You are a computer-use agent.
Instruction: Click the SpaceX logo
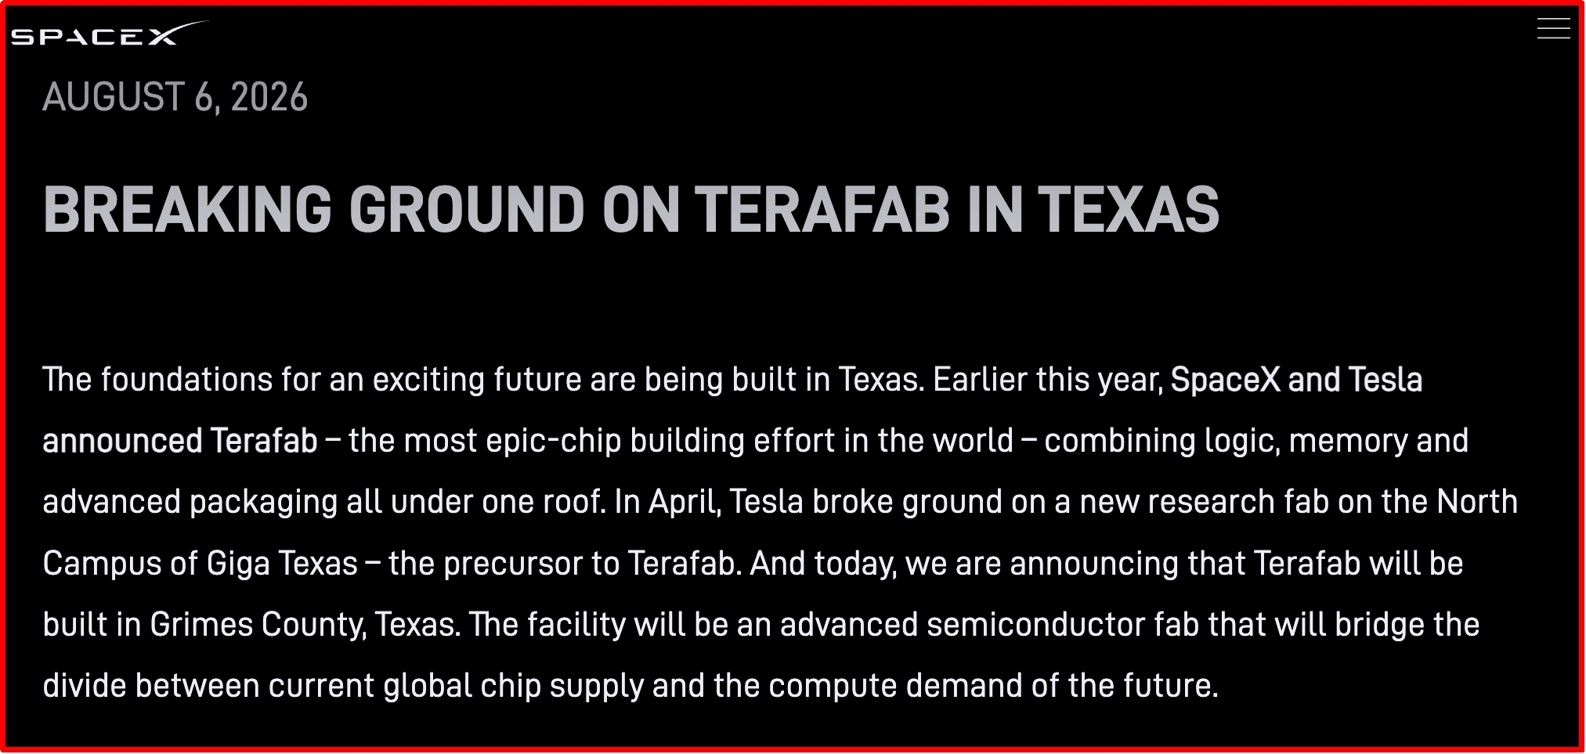[110, 34]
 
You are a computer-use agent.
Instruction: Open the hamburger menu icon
[1553, 28]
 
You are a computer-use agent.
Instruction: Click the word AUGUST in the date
[114, 97]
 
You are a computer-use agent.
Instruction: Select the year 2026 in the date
[269, 97]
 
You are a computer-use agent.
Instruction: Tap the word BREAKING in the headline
[187, 210]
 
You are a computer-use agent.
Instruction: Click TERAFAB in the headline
[822, 210]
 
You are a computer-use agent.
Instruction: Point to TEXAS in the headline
[1129, 210]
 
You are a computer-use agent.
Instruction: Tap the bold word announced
[121, 441]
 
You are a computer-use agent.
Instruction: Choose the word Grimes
[201, 625]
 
